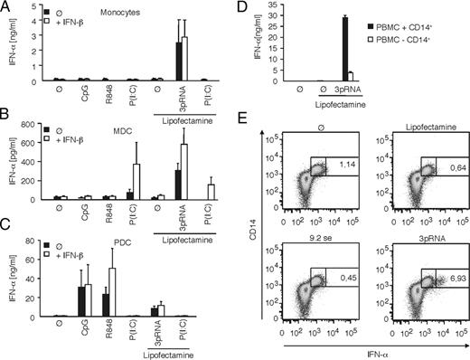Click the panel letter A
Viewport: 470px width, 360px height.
(x=6, y=7)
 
